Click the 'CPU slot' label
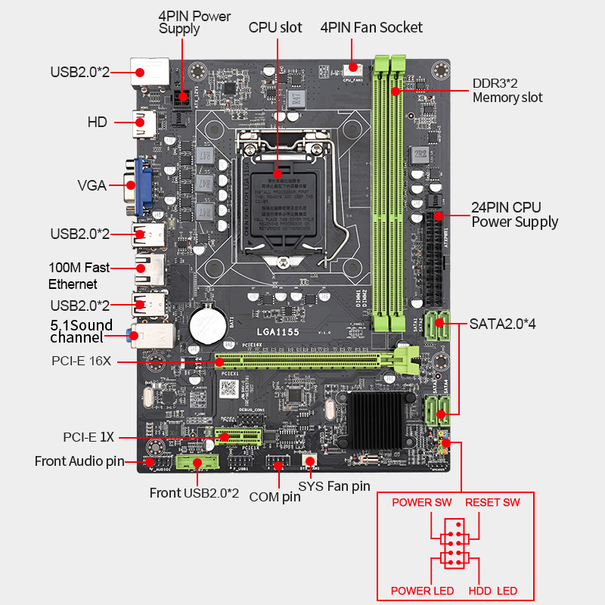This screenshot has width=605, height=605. click(275, 28)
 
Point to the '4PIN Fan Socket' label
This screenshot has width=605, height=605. click(371, 28)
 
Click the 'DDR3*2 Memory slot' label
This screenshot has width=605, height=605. click(507, 90)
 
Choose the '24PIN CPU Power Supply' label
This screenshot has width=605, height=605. click(514, 215)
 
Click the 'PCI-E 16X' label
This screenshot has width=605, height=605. click(82, 361)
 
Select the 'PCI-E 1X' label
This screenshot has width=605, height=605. click(88, 437)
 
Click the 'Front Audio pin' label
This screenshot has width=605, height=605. click(79, 461)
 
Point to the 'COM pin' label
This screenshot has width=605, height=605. click(274, 496)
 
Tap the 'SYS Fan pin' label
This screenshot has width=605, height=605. click(334, 486)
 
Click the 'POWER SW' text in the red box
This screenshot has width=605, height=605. click(421, 503)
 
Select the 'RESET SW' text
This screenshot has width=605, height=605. click(492, 503)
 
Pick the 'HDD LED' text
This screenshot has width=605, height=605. click(492, 590)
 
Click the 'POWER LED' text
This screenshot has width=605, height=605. click(422, 590)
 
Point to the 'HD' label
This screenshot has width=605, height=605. click(97, 121)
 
